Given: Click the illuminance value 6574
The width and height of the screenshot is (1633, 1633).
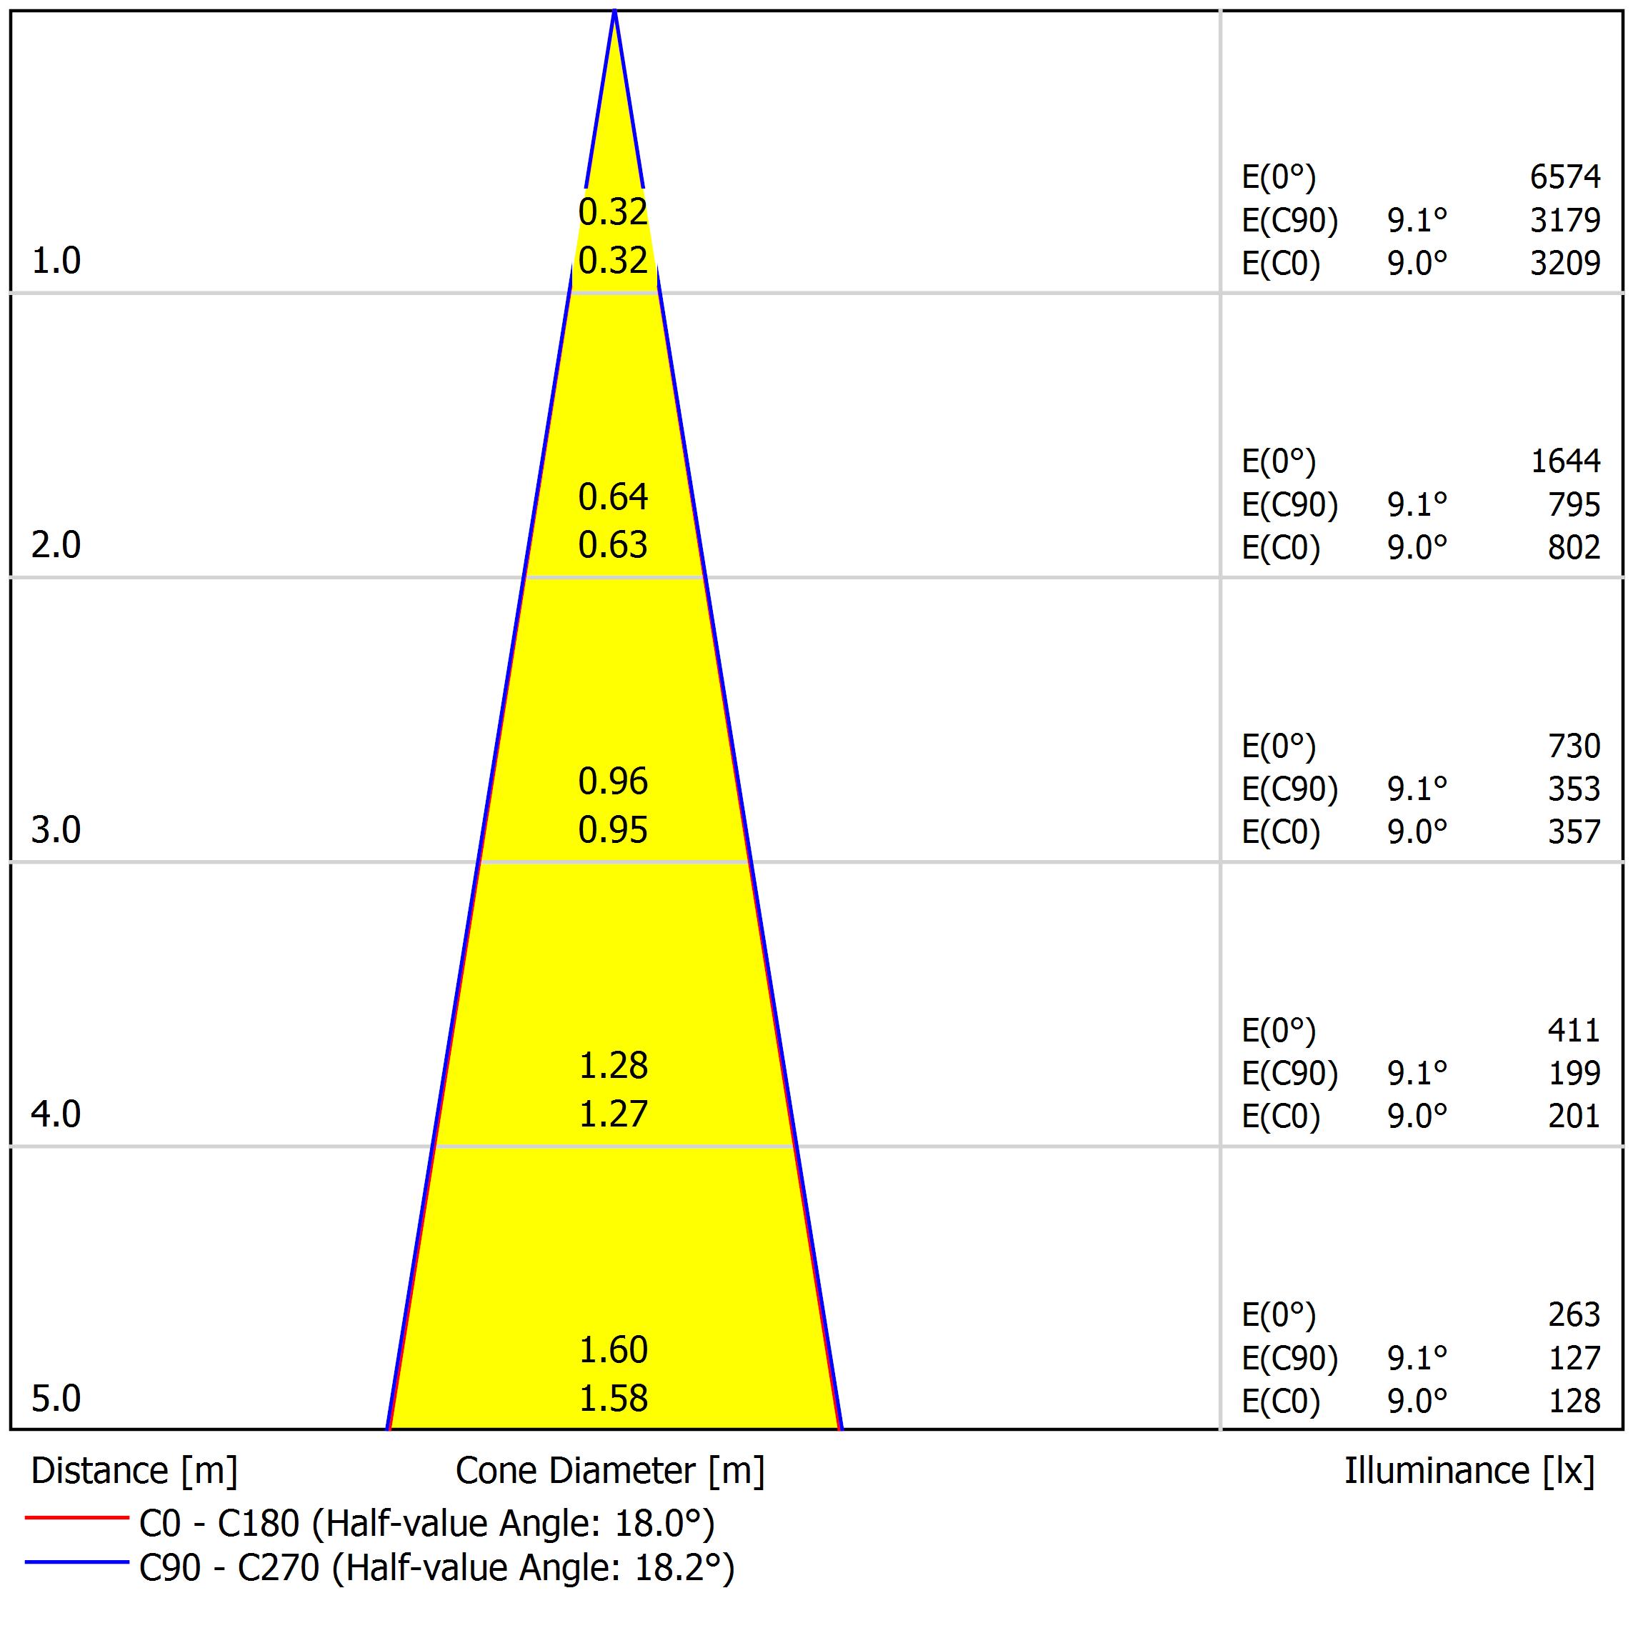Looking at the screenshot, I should pos(1564,176).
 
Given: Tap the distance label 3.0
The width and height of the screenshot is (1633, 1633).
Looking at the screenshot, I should pos(56,830).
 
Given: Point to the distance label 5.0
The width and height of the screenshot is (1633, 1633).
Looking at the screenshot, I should pos(56,1399).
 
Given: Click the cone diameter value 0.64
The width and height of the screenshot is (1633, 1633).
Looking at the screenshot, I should pos(613,497).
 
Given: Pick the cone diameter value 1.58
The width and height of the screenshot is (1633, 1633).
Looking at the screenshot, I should pos(613,1399).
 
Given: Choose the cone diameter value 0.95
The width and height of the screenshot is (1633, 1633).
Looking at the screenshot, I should pos(613,830).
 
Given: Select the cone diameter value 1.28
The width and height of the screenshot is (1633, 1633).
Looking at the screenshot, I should pos(613,1066).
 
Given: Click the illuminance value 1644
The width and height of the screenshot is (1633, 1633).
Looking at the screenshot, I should pos(1565,461).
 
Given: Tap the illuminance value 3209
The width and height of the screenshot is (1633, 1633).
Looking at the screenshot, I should pos(1564,264).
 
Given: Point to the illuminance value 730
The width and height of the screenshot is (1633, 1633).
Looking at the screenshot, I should pos(1574,746).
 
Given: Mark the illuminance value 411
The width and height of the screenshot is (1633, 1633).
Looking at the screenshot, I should pos(1574,1030).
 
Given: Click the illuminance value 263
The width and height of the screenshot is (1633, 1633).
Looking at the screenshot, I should pos(1574,1315).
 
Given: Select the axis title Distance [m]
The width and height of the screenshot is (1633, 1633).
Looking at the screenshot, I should pos(134,1472).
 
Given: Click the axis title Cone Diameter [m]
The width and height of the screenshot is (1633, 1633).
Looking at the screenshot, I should pos(609,1472).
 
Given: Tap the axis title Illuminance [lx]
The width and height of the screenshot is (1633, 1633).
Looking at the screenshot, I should pos(1469,1472).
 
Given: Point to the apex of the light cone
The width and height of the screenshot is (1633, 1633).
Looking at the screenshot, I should pos(614,12).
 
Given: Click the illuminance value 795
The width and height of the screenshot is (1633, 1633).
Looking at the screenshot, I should pos(1574,504).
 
